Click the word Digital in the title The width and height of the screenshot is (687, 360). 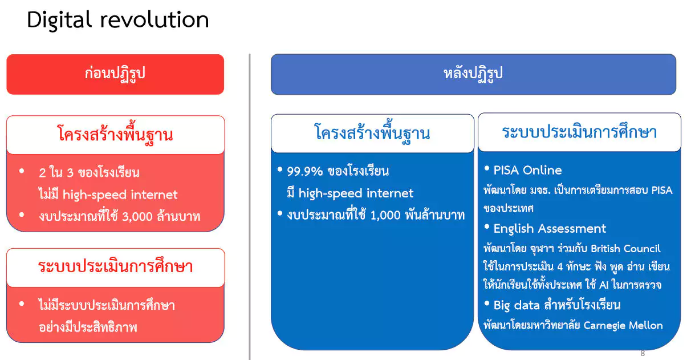point(59,21)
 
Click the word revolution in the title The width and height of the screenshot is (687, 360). point(155,20)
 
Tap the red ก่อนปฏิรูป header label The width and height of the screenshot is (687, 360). point(115,74)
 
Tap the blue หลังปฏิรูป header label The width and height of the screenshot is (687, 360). point(473,74)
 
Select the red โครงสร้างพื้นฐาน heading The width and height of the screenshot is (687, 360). point(115,134)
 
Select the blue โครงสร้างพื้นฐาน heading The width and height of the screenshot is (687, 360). point(372,132)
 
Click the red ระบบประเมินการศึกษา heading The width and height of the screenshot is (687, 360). point(116,266)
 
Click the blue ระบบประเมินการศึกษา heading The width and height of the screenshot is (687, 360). point(579,132)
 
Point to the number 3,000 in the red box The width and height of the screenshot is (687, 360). point(137,217)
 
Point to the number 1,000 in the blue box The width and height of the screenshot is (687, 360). point(385,216)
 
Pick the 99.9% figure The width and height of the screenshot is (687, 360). point(305,171)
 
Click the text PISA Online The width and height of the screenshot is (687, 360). point(527,170)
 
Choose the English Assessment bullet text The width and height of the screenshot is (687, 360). point(550,229)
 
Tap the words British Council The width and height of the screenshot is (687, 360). point(625,248)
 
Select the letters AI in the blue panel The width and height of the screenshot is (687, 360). point(604,285)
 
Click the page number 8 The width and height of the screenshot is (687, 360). point(643,353)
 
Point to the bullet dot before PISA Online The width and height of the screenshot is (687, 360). point(487,168)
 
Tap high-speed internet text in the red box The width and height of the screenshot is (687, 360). point(120,195)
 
